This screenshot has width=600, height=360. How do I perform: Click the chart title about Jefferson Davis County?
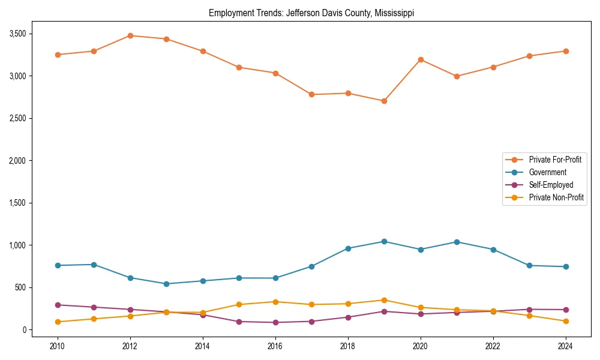[x=311, y=13]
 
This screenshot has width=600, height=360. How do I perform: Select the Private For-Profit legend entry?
[x=556, y=160]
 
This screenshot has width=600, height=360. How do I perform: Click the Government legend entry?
[x=547, y=172]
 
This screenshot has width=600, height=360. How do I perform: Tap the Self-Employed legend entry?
[x=551, y=185]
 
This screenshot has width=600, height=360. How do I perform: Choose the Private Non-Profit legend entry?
[x=556, y=197]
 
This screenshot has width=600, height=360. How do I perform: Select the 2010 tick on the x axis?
[x=58, y=346]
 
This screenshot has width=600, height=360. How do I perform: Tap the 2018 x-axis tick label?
[x=347, y=346]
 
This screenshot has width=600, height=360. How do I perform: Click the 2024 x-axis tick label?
[x=565, y=346]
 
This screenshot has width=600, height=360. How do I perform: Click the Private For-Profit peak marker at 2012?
[x=130, y=35]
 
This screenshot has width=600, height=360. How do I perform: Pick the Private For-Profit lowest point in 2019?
[x=384, y=101]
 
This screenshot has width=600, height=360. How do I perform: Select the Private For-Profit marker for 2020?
[x=420, y=59]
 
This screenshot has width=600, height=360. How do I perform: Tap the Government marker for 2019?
[x=384, y=241]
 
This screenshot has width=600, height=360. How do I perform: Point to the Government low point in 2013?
[x=166, y=284]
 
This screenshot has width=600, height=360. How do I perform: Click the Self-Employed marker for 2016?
[x=275, y=322]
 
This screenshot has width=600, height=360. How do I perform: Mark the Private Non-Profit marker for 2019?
[x=384, y=300]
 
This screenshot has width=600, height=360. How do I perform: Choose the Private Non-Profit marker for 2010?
[x=58, y=322]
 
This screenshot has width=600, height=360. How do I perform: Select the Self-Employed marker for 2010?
[x=58, y=305]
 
